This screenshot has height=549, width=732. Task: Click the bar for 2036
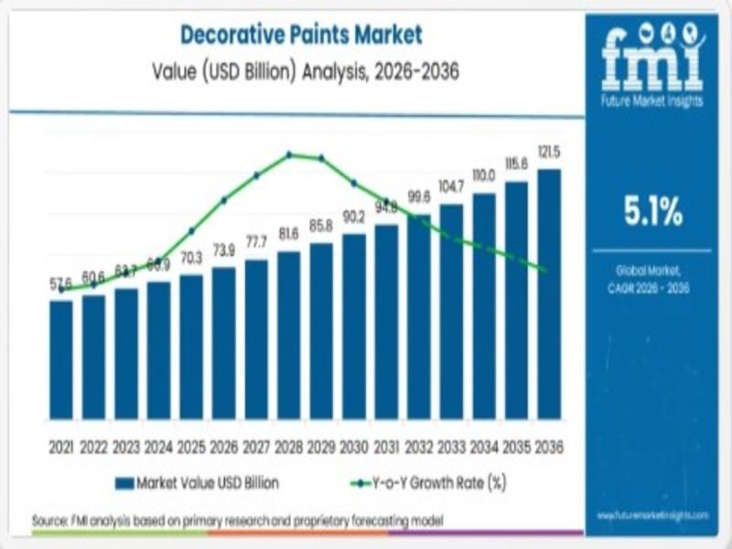point(549,293)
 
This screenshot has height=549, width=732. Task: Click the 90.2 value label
point(354,217)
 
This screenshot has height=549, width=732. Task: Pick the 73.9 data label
point(224,250)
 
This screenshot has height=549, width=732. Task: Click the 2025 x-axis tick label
point(191,447)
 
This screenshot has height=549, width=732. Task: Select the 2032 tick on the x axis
point(419,447)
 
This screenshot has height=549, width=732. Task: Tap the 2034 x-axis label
point(484,447)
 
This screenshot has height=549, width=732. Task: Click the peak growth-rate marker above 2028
point(289,155)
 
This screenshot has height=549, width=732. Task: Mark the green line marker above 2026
point(224,199)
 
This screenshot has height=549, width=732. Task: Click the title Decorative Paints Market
point(301,36)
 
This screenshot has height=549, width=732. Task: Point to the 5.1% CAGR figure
point(653,213)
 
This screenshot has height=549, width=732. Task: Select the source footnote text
point(238,520)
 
